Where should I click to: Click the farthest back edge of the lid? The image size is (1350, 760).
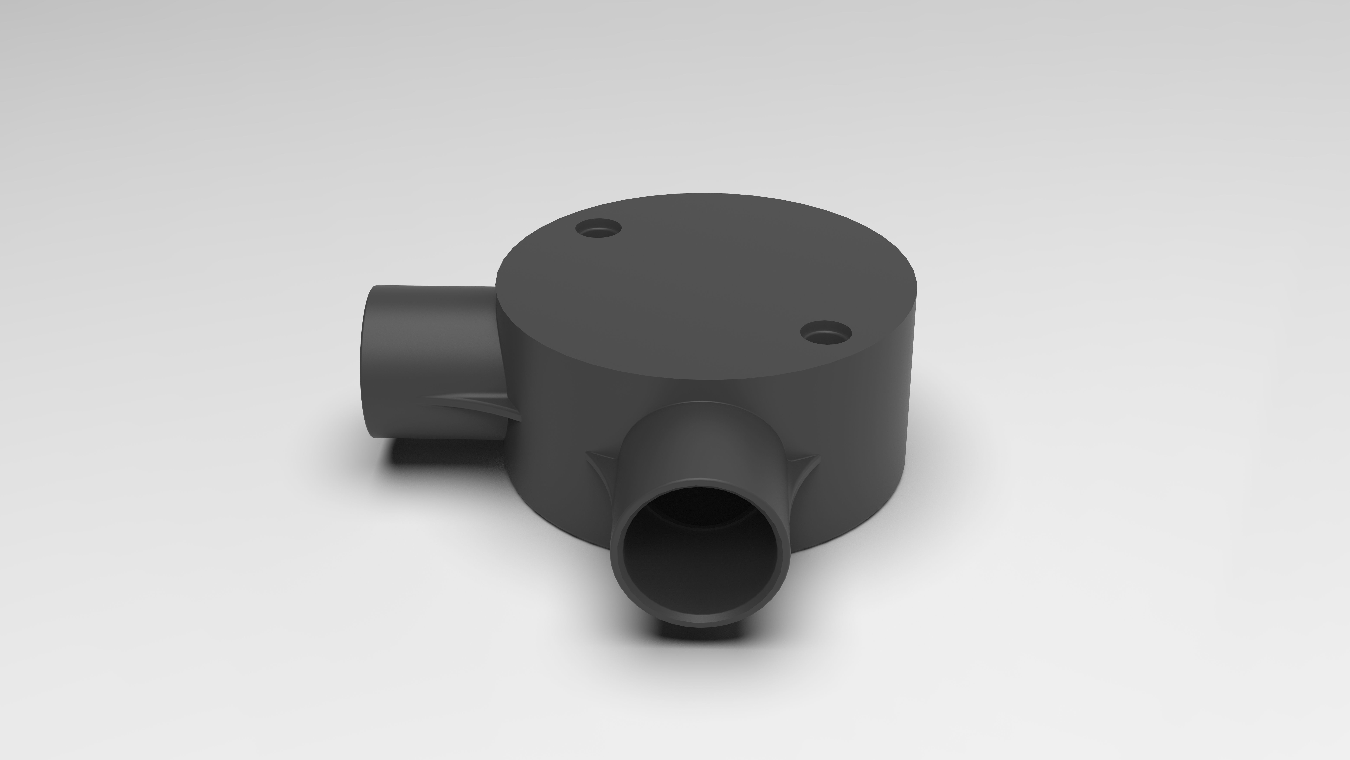(x=708, y=195)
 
